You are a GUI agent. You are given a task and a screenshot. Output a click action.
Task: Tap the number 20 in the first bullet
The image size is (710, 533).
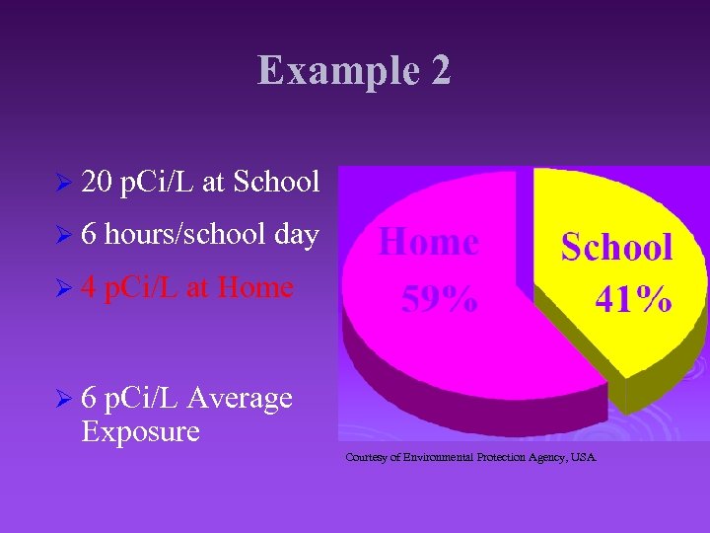click(x=97, y=182)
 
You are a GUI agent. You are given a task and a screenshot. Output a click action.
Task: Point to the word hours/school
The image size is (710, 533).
click(x=182, y=235)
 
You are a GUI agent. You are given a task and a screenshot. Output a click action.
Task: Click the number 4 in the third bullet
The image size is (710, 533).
click(x=89, y=287)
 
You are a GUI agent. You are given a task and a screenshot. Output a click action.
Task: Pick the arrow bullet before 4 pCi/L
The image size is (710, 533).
click(x=64, y=289)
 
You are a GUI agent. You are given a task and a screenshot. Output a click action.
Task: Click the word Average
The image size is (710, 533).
click(x=239, y=398)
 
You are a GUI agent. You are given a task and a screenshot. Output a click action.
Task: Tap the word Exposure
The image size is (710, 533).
click(x=141, y=431)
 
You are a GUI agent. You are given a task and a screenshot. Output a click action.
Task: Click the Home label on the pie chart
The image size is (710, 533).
click(x=429, y=242)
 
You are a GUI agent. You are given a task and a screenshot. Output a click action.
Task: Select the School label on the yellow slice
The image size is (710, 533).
click(x=617, y=247)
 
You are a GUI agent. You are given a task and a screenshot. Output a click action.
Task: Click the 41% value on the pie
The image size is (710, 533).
click(x=633, y=297)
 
